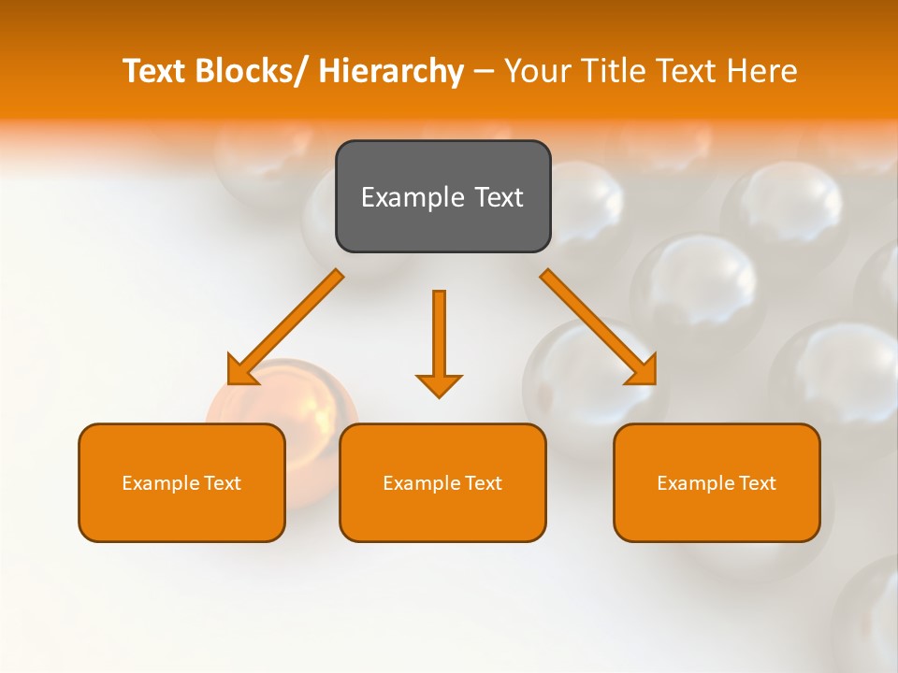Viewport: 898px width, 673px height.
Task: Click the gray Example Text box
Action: pyautogui.click(x=442, y=196)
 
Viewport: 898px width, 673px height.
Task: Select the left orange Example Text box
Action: pyautogui.click(x=181, y=482)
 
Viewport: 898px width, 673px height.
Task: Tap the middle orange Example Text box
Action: pyautogui.click(x=442, y=482)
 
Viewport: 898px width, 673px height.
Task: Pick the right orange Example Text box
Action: pyautogui.click(x=717, y=482)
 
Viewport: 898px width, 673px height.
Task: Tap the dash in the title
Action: pyautogui.click(x=484, y=71)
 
